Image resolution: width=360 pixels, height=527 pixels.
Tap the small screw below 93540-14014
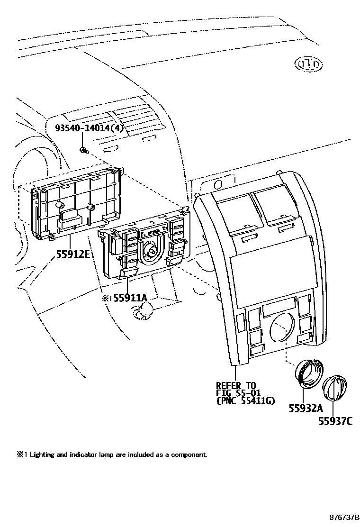84,151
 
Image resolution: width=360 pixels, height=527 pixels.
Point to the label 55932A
306,408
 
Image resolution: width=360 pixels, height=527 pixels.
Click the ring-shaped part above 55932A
310,373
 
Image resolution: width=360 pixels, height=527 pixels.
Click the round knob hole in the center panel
281,327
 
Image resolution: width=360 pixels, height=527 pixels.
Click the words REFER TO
235,385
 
